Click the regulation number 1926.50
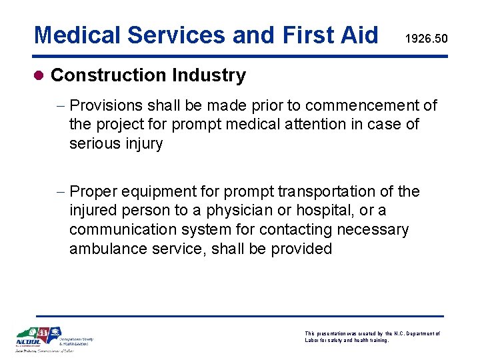point(427,40)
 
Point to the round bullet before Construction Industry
point(39,76)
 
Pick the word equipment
point(163,192)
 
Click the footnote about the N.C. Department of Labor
point(372,337)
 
